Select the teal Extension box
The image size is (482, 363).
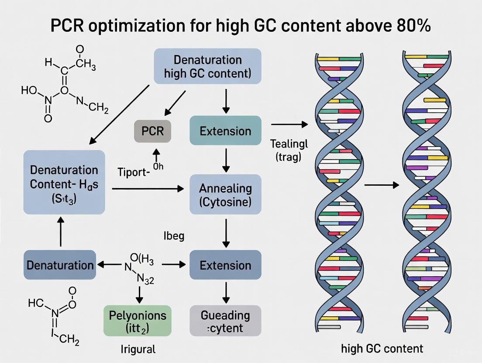(226, 131)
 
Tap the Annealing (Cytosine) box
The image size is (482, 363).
(226, 194)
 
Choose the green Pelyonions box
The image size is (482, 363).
(138, 321)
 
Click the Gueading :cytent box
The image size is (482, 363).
(226, 321)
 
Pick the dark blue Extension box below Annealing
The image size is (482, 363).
(226, 265)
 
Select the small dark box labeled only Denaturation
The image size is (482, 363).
(60, 265)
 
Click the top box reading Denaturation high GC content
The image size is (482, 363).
(207, 66)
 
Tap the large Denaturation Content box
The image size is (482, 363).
(64, 182)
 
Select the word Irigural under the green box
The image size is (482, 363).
(138, 349)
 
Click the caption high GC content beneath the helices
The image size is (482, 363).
(382, 348)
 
